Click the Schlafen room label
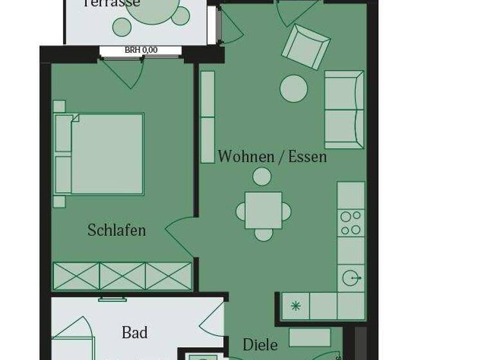point(116,230)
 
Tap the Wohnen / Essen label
point(272,157)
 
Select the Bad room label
point(134,332)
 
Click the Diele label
point(260,345)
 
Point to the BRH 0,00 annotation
point(141,50)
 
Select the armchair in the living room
point(306,46)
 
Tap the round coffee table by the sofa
point(294,89)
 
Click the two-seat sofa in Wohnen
point(344,110)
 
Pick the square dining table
point(263,210)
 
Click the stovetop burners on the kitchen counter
point(351,223)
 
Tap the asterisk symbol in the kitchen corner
point(295,306)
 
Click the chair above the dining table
point(262,176)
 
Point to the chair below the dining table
point(263,234)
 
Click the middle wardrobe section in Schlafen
point(122,276)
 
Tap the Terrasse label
point(112,3)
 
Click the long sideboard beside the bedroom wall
point(207,116)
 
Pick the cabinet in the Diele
point(309,337)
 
